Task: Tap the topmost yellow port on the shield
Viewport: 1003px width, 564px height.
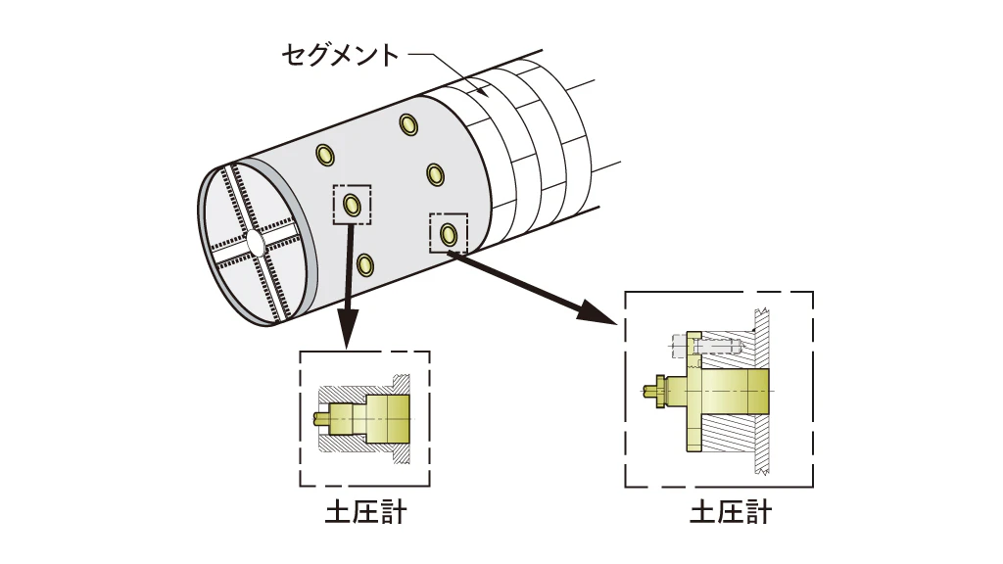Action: coord(408,124)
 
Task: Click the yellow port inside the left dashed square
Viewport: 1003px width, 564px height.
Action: coord(352,206)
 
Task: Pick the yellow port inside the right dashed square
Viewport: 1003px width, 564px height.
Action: coord(449,234)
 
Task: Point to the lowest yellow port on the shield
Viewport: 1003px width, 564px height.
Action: coord(365,264)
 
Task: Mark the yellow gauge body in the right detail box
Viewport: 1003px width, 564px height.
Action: coord(735,391)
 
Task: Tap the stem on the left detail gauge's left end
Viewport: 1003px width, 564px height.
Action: coord(321,418)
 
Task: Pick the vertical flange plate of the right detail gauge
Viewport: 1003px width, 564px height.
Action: coord(694,392)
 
